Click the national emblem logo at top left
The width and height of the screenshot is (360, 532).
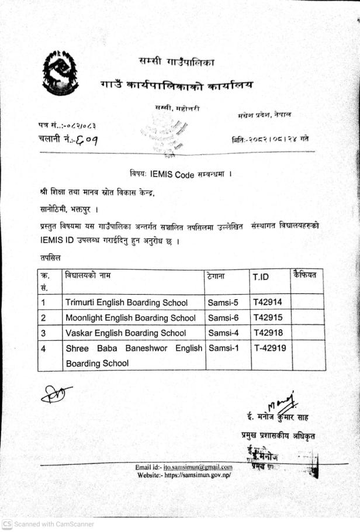(60, 73)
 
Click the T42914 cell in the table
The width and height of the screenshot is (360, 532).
(267, 302)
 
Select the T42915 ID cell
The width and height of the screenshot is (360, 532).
(267, 317)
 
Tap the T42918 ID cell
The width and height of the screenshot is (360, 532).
(267, 333)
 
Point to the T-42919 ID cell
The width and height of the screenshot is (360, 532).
(269, 348)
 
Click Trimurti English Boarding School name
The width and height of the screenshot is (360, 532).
(126, 303)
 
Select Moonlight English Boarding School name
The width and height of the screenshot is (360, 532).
(130, 318)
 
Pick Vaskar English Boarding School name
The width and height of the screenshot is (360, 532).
(126, 333)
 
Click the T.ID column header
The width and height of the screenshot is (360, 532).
(261, 277)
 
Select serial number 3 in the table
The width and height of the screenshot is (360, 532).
(43, 333)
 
